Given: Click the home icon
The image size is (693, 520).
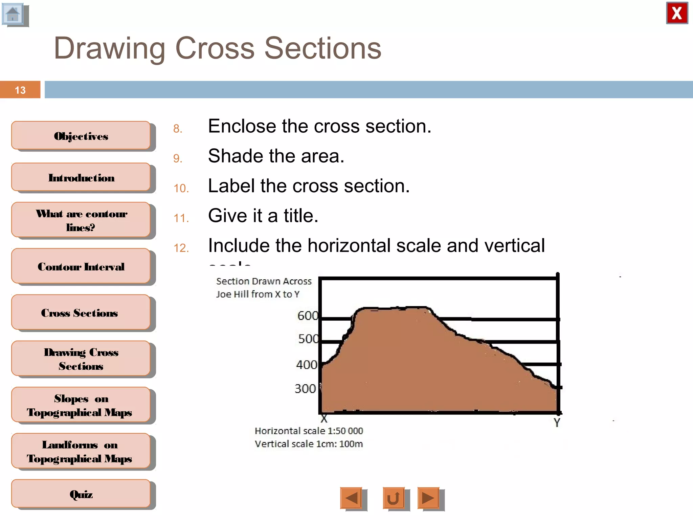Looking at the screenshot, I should [13, 14].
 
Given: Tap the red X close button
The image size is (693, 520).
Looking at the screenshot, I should [677, 13].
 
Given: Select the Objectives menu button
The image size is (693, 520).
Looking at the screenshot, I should [81, 136].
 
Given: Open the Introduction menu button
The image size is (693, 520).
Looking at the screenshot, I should [81, 178].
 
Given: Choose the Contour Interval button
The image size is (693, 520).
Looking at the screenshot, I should [81, 266].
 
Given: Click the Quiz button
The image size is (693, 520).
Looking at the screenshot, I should [81, 494].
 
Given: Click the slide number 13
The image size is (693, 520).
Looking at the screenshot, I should [20, 90].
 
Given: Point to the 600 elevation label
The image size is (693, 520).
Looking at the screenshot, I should [308, 316].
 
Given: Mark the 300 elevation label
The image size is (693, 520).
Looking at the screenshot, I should [305, 389].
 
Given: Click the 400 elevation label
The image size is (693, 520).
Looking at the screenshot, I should [307, 365].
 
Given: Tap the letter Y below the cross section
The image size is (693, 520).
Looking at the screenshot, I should [557, 422].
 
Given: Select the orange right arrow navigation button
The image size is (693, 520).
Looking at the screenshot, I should [428, 498].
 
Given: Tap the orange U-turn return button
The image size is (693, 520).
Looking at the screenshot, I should [393, 498].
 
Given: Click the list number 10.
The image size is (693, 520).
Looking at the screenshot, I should [181, 188].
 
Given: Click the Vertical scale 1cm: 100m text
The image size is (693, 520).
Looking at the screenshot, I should [309, 444].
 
